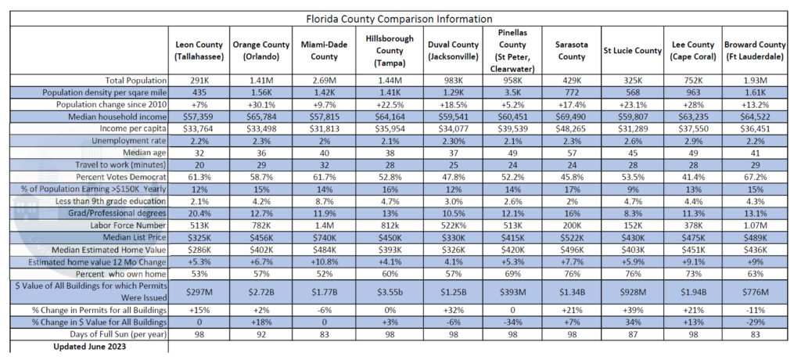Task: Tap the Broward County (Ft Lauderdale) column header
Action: pos(756,51)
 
